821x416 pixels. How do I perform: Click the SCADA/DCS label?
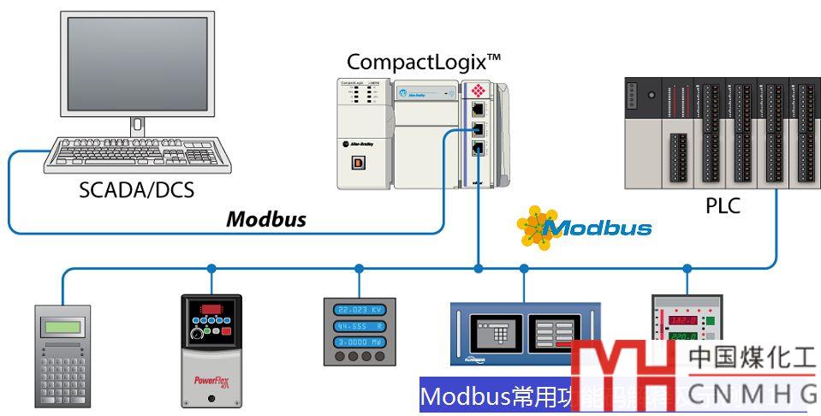coord(136,189)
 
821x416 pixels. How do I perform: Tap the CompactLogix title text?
coord(423,62)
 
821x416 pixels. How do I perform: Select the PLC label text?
coord(723,206)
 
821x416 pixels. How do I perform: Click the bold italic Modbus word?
coord(266,219)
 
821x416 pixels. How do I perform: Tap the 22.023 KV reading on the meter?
coord(359,311)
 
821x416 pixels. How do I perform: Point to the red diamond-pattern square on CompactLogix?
coord(477,89)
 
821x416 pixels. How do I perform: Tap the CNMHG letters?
coord(753,395)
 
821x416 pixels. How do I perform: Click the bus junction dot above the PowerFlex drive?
coord(211,269)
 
